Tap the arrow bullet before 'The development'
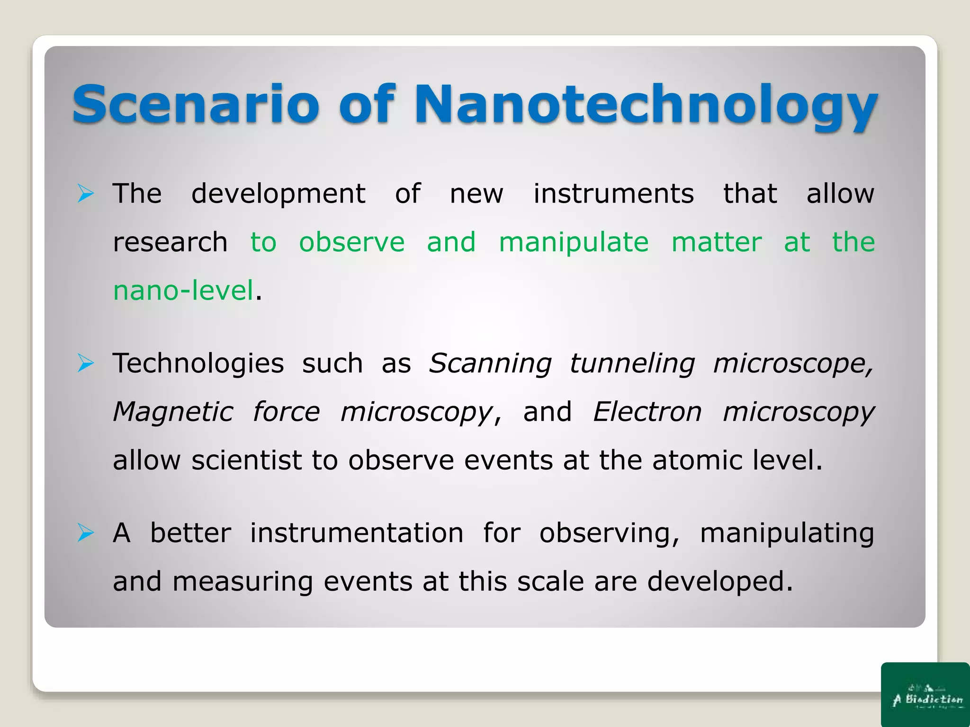pyautogui.click(x=86, y=194)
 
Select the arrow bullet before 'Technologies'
pyautogui.click(x=86, y=363)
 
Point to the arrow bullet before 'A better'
pyautogui.click(x=86, y=533)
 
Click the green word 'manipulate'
pyautogui.click(x=574, y=243)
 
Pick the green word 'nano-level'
pyautogui.click(x=183, y=291)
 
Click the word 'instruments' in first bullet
pyautogui.click(x=613, y=194)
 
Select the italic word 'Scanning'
pyautogui.click(x=490, y=364)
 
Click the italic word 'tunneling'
pyautogui.click(x=632, y=364)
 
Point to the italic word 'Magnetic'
pyautogui.click(x=173, y=412)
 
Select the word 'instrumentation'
pyautogui.click(x=356, y=533)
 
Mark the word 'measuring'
pyautogui.click(x=242, y=582)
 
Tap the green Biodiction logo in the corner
pyautogui.click(x=926, y=695)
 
